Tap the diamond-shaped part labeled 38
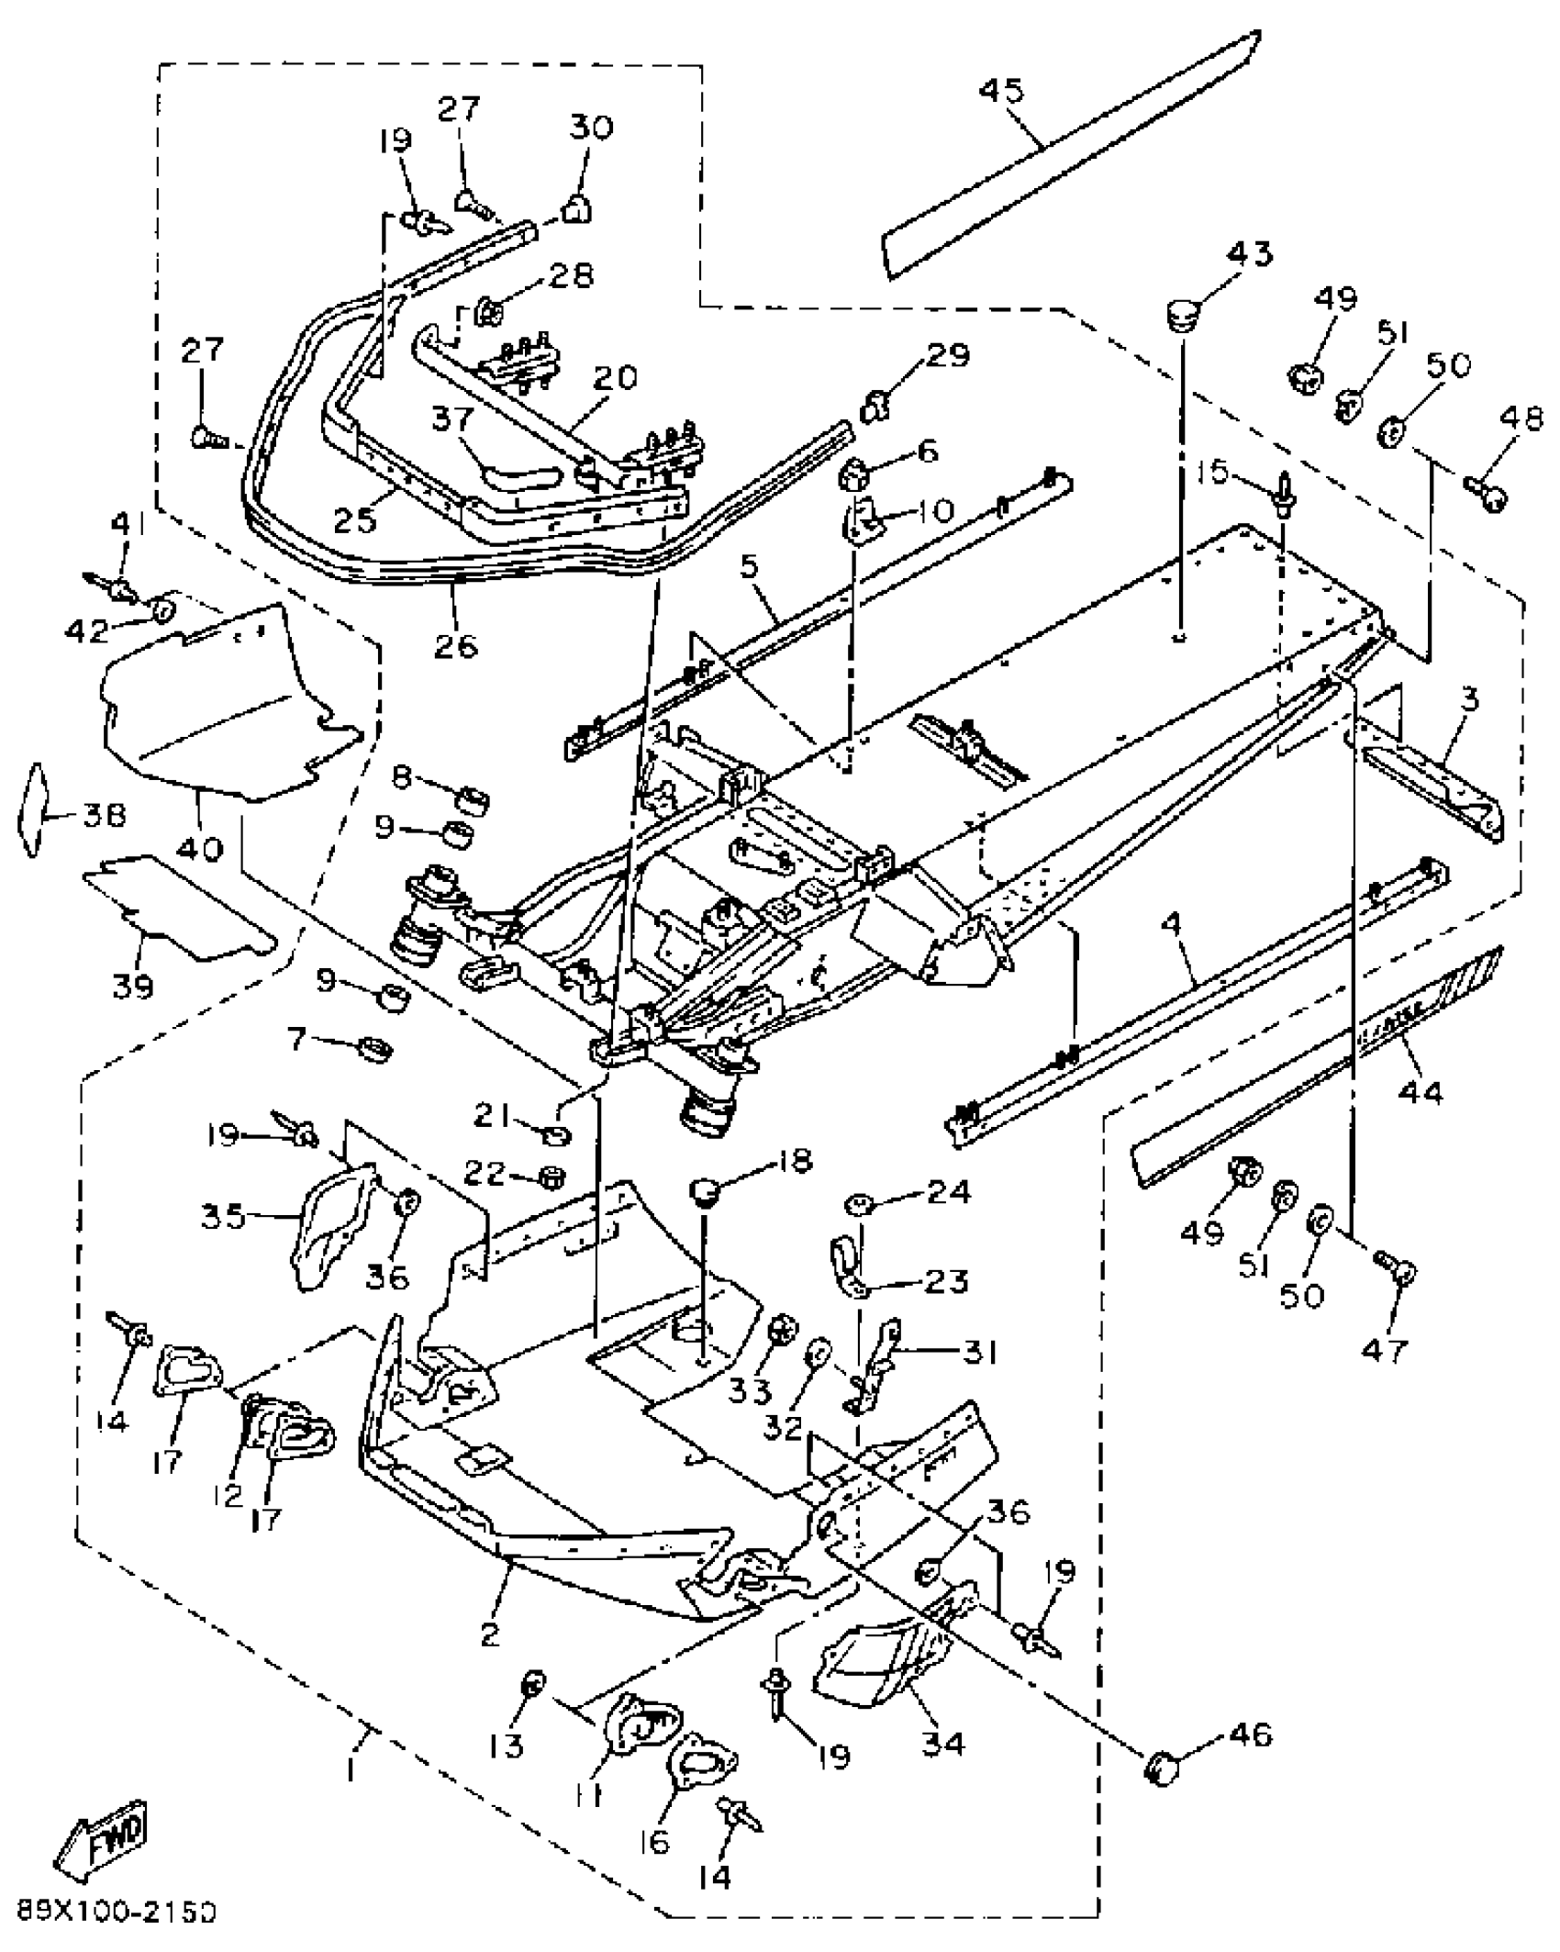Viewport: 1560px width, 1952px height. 34,809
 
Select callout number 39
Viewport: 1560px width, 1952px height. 133,987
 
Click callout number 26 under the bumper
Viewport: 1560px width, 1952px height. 456,645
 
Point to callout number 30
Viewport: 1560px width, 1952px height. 591,127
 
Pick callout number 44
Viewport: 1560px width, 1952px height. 1421,1092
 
